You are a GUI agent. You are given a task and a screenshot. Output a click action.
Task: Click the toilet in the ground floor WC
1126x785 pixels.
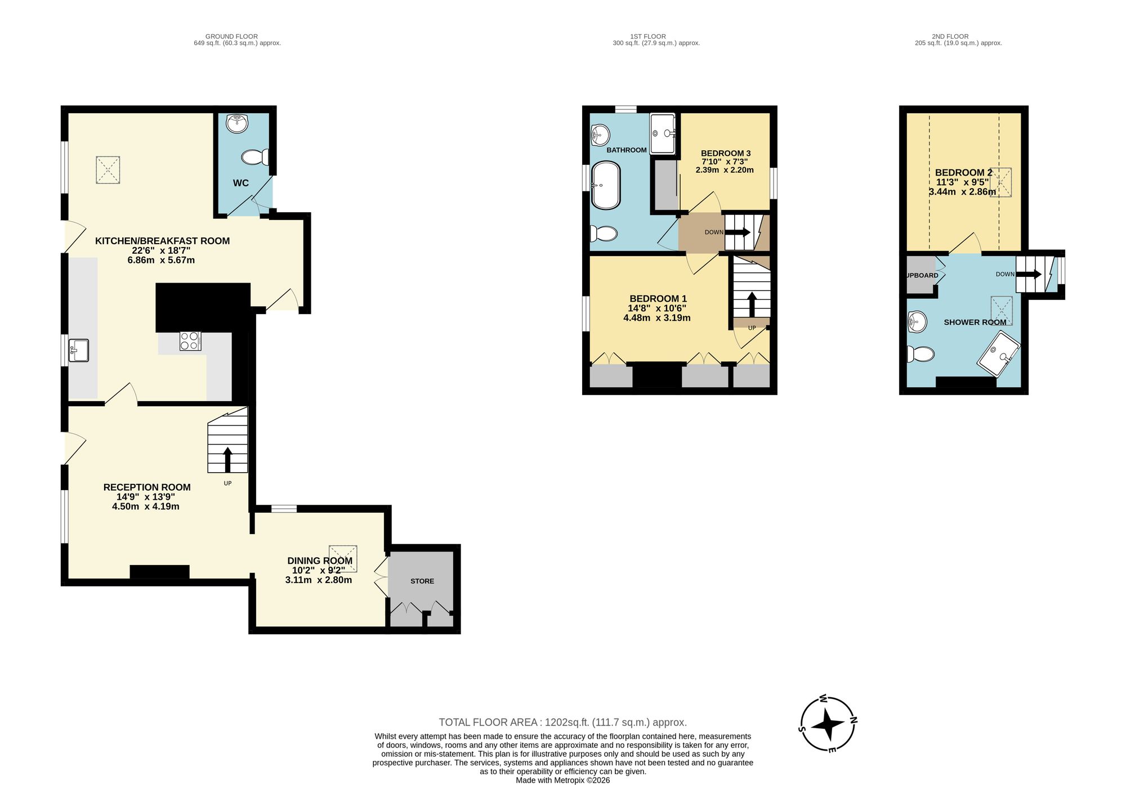point(256,157)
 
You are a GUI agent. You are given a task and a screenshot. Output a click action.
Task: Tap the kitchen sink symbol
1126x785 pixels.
point(79,350)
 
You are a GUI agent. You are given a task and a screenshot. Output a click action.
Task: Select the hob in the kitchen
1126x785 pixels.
point(190,341)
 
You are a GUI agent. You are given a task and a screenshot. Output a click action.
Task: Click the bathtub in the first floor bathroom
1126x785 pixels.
point(606,186)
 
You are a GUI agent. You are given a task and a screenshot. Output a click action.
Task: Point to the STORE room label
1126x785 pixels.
point(422,581)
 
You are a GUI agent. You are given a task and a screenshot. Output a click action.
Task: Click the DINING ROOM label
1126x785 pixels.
point(320,560)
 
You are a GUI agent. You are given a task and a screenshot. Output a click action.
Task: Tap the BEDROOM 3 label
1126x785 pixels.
point(726,153)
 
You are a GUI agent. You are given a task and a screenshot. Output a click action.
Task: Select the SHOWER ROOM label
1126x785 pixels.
point(975,322)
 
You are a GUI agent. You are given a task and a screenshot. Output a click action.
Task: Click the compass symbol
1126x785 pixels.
point(828,724)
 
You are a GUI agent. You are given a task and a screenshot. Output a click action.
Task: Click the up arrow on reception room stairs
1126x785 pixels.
point(227,459)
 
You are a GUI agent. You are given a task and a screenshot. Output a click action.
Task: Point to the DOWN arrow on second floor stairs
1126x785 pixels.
point(1029,275)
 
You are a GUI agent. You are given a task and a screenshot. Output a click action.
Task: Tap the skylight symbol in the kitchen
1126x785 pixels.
point(108,170)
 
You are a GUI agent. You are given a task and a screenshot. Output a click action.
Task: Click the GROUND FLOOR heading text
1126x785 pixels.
point(231,37)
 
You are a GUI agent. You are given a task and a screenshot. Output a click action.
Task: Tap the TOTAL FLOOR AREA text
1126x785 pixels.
point(562,722)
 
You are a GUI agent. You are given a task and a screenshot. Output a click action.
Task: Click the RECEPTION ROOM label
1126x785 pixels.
point(147,487)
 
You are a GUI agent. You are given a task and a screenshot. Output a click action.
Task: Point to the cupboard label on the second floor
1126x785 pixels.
point(922,275)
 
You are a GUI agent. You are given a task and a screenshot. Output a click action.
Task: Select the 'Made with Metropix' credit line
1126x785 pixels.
point(562,780)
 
